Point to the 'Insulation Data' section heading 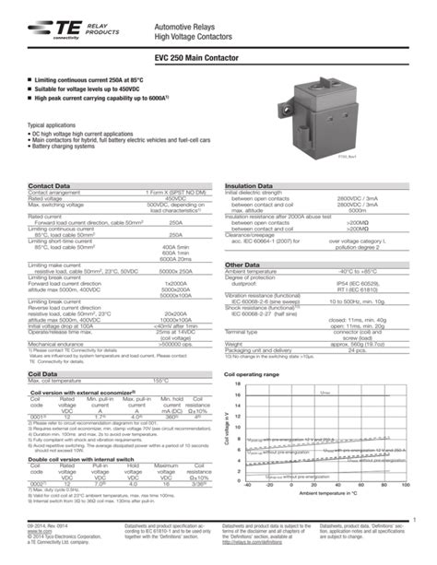pos(252,185)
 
